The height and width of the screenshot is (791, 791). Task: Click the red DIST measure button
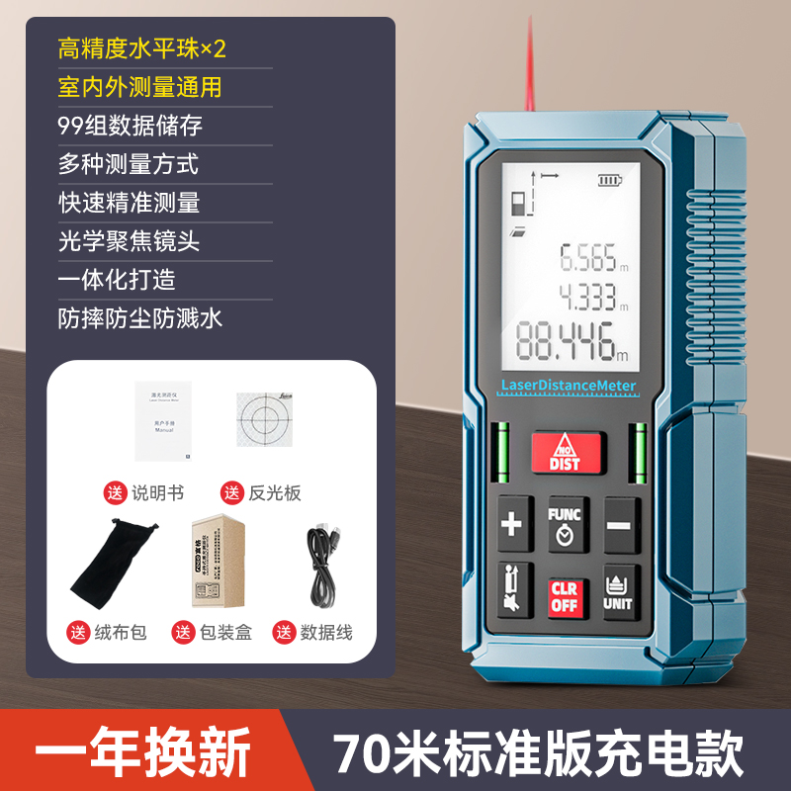tap(566, 451)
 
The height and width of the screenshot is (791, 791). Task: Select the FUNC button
tap(565, 524)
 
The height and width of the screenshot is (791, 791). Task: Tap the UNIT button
tap(619, 591)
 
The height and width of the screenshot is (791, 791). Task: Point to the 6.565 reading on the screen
tap(589, 259)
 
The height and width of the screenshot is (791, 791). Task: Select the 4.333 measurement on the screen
tap(589, 298)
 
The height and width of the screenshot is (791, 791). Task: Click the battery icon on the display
tap(611, 180)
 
